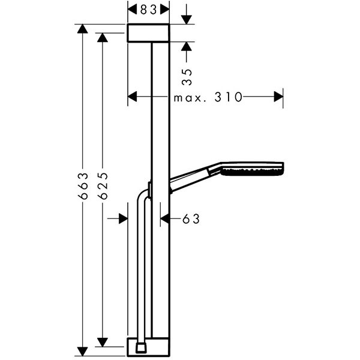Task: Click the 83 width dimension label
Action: click(149, 10)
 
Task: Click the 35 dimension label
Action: click(187, 77)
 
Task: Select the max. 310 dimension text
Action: click(208, 97)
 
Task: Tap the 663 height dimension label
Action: click(83, 186)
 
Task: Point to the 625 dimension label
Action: click(103, 186)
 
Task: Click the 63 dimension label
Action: click(191, 219)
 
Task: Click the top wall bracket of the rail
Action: click(149, 33)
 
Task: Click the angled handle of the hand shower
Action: click(195, 178)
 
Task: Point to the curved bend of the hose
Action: click(143, 195)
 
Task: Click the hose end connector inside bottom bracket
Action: click(141, 347)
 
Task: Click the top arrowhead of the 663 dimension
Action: click(82, 29)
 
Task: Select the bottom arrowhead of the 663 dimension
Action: click(82, 351)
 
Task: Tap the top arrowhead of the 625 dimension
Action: click(103, 37)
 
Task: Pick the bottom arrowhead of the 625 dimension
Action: click(103, 342)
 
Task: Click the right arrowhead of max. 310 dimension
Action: click(278, 97)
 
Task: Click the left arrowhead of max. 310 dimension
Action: click(132, 97)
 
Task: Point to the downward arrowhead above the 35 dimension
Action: click(187, 20)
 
